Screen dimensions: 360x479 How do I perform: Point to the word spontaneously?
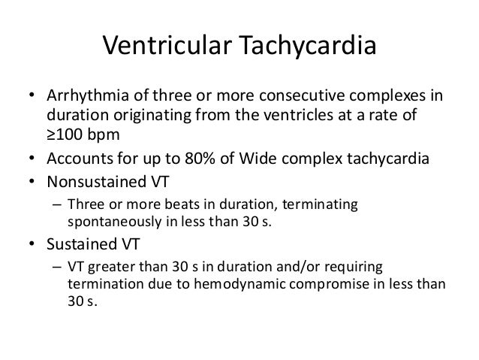(x=108, y=224)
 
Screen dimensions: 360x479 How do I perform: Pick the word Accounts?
(x=75, y=159)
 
